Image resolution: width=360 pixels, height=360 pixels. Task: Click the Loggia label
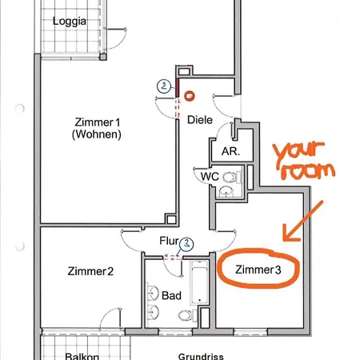tap(70, 22)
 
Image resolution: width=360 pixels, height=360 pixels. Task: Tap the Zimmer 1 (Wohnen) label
tap(97, 128)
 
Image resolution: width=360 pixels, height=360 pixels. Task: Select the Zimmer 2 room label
tap(90, 271)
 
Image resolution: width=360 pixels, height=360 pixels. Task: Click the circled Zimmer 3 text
tap(258, 270)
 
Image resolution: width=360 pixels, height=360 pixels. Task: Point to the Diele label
tap(200, 120)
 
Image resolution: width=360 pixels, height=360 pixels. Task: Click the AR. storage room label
tap(230, 151)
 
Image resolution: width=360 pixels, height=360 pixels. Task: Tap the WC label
tap(210, 176)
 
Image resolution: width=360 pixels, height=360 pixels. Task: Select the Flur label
tap(169, 241)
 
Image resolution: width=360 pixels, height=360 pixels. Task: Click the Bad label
tap(171, 295)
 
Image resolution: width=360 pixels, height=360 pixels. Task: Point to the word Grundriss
tap(201, 356)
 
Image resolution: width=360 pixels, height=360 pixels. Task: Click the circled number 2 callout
tap(164, 86)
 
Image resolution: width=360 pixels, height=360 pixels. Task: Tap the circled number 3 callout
tap(186, 244)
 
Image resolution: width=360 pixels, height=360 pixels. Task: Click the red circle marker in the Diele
tap(189, 96)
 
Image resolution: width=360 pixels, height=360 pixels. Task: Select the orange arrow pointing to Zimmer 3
tap(302, 222)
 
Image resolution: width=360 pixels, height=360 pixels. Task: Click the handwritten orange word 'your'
tap(298, 153)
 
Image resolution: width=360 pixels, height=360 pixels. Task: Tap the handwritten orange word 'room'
tap(308, 171)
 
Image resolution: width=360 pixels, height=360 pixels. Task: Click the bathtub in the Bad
tap(199, 282)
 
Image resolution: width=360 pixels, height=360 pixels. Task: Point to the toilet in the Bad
tap(187, 315)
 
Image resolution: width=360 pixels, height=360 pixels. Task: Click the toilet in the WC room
tap(231, 177)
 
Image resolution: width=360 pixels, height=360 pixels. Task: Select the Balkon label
tap(82, 356)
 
